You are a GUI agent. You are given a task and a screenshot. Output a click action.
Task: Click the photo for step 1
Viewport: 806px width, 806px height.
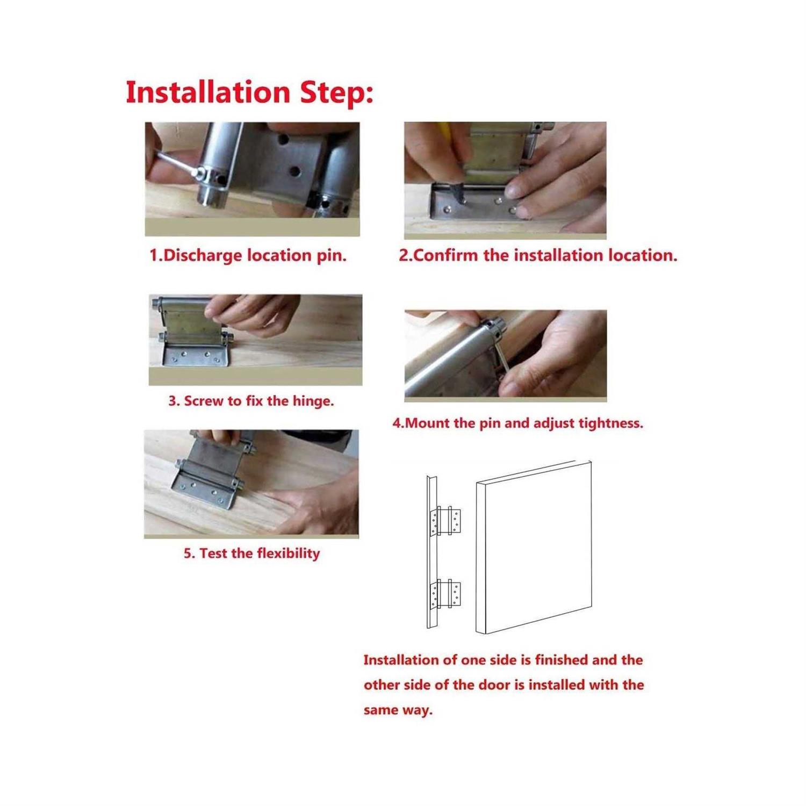pyautogui.click(x=252, y=179)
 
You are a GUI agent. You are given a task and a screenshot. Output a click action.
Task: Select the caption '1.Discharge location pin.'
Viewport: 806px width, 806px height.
pyautogui.click(x=248, y=255)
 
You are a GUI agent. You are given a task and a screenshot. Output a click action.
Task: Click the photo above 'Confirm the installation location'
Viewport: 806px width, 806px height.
pyautogui.click(x=505, y=180)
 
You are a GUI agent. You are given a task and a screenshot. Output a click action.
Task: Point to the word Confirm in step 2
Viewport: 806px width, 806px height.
pyautogui.click(x=446, y=255)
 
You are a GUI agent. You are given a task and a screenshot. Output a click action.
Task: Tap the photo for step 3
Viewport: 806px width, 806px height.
pyautogui.click(x=255, y=340)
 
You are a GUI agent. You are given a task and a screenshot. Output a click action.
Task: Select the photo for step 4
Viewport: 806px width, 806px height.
pyautogui.click(x=506, y=356)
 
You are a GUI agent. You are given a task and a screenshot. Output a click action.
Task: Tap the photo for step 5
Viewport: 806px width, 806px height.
pyautogui.click(x=251, y=484)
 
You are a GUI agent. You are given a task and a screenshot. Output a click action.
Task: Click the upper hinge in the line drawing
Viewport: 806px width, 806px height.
pyautogui.click(x=445, y=521)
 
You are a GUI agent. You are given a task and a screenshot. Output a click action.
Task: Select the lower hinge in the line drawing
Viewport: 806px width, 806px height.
pyautogui.click(x=445, y=594)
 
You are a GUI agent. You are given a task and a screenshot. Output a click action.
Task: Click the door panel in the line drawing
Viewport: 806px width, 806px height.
pyautogui.click(x=534, y=547)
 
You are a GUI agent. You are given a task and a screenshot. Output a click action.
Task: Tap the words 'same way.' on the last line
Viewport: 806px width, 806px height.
pyautogui.click(x=398, y=710)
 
